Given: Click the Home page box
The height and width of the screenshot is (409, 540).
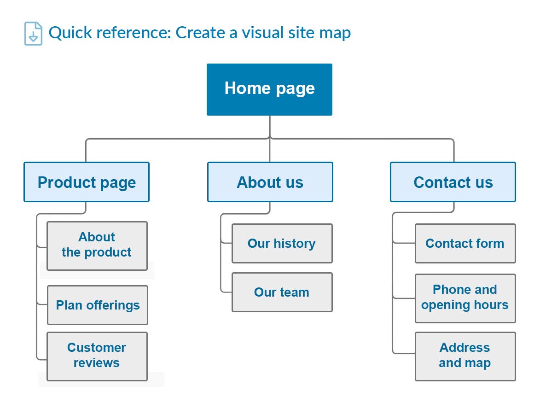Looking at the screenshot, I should [x=269, y=89].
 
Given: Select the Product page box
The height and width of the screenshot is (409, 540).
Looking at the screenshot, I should [x=87, y=182].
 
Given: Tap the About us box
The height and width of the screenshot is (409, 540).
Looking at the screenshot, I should [x=270, y=182].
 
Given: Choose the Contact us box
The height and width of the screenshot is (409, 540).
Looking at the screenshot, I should [x=453, y=182].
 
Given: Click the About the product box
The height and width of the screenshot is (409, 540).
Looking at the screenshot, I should [x=97, y=245].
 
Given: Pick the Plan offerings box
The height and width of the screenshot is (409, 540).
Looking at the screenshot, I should [x=98, y=305].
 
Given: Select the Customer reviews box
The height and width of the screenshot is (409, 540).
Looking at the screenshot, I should [x=97, y=356].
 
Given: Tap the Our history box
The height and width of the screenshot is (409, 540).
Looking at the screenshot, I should [x=282, y=243].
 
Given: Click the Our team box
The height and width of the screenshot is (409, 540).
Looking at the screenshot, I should [x=282, y=292].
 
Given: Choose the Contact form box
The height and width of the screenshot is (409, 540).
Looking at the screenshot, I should [x=465, y=243].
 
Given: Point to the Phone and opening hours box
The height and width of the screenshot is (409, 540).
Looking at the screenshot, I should [x=465, y=298].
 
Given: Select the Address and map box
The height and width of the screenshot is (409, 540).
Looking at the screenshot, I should [x=465, y=356].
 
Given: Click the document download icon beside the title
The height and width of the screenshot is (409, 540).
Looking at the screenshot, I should [x=33, y=34].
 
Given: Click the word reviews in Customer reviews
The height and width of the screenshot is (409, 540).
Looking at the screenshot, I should [x=97, y=363].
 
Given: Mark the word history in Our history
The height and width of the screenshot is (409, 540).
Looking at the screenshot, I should [x=294, y=243].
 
